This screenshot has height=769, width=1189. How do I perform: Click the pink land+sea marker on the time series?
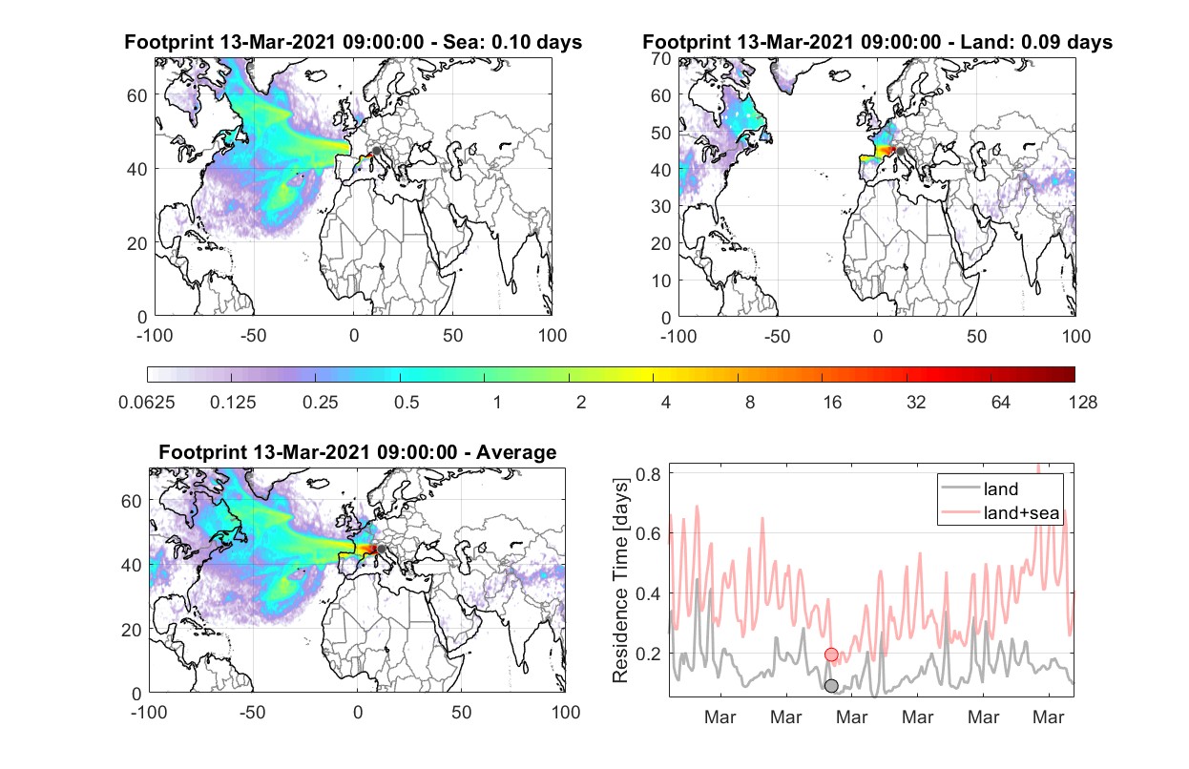tap(831, 655)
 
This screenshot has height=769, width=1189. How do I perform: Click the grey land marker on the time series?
tap(831, 686)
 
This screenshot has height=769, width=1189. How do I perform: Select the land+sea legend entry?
tap(1000, 512)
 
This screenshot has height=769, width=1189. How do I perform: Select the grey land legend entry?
tap(980, 488)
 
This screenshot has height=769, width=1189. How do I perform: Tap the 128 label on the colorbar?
tap(1082, 403)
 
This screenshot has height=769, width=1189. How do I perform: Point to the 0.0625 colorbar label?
tap(147, 403)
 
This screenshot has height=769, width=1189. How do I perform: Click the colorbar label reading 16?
tap(832, 403)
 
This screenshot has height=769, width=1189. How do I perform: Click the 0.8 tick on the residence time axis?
tap(648, 474)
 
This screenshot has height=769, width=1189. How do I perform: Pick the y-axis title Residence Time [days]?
tap(620, 580)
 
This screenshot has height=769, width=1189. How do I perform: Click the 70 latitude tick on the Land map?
tap(661, 58)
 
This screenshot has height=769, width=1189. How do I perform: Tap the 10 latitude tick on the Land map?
tap(661, 281)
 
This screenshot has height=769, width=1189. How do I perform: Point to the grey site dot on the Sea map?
tap(376, 151)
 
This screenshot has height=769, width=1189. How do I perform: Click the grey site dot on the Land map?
tap(900, 152)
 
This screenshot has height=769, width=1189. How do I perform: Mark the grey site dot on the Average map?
tap(381, 549)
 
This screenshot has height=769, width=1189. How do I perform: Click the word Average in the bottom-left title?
tap(516, 452)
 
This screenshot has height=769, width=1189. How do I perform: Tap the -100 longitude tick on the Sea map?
tap(155, 336)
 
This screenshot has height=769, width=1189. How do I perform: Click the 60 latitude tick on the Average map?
tap(131, 501)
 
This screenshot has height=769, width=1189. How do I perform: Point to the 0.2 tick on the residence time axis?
tap(648, 654)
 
